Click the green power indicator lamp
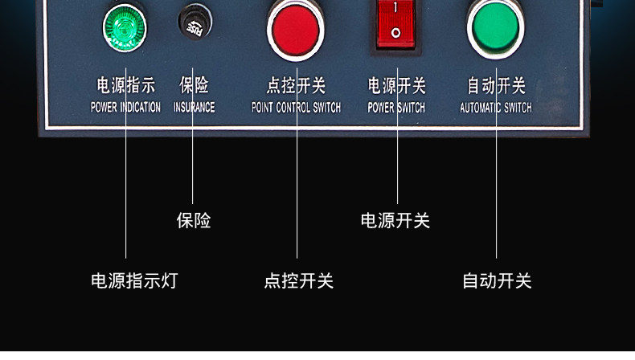pos(125,26)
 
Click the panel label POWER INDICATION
pos(125,107)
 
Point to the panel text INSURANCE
pos(195,107)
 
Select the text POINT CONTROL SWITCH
pos(296,107)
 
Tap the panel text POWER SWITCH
pos(396,107)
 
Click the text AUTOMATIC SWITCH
pos(495,107)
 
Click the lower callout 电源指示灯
pos(133,281)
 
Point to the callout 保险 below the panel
pos(194,220)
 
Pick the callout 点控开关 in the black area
pos(298,281)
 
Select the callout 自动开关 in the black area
pos(497,281)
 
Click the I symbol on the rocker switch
pos(395,7)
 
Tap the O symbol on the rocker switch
pos(395,33)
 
